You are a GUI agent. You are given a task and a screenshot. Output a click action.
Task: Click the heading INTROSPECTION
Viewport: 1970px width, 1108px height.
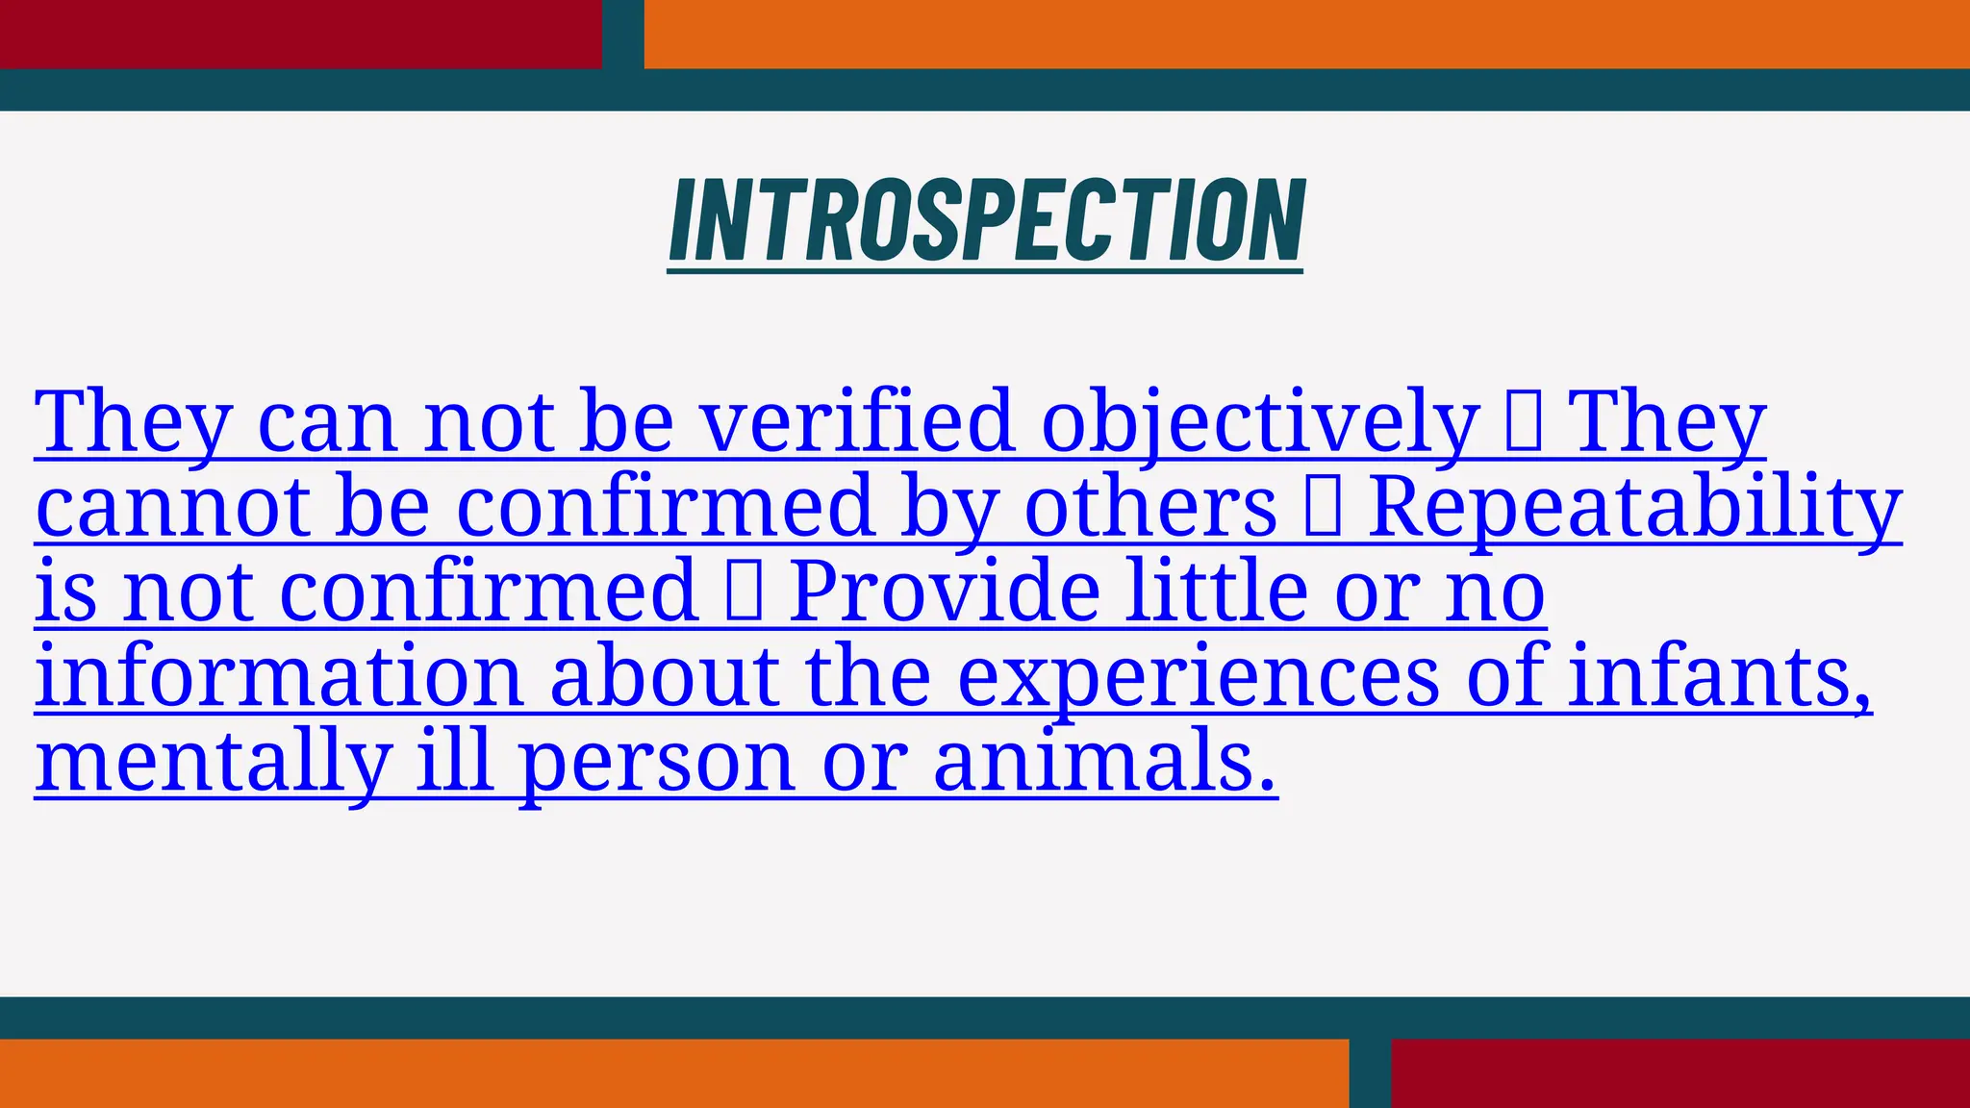pyautogui.click(x=986, y=220)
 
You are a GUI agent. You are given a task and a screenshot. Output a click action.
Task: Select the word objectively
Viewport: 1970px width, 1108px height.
pyautogui.click(x=1259, y=423)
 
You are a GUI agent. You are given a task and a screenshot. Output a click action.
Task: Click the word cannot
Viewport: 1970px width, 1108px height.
pyautogui.click(x=172, y=507)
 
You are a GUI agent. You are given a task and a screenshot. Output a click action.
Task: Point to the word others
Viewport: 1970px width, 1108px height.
pyautogui.click(x=1150, y=507)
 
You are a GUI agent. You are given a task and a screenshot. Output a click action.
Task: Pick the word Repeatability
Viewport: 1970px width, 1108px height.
pyautogui.click(x=1634, y=507)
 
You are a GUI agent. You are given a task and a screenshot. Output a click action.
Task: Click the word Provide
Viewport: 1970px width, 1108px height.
pyautogui.click(x=944, y=592)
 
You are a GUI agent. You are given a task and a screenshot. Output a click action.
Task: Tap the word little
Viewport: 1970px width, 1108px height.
pyautogui.click(x=1217, y=592)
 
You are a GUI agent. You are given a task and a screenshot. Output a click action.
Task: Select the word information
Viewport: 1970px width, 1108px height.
pyautogui.click(x=279, y=676)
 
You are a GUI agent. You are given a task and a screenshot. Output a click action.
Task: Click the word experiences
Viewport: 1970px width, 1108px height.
pyautogui.click(x=1199, y=678)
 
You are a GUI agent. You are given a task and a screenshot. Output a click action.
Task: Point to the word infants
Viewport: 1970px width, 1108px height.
pyautogui.click(x=1720, y=676)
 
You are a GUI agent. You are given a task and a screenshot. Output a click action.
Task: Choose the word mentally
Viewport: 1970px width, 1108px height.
pyautogui.click(x=213, y=763)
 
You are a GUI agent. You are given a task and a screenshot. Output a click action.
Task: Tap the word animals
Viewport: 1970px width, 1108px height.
pyautogui.click(x=1104, y=761)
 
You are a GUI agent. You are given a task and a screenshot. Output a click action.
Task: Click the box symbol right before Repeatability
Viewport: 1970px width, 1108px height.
pyautogui.click(x=1323, y=507)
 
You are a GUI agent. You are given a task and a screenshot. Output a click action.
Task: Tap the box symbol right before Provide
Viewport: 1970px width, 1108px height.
pyautogui.click(x=745, y=592)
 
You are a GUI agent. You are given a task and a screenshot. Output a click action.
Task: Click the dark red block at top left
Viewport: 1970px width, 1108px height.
pyautogui.click(x=300, y=34)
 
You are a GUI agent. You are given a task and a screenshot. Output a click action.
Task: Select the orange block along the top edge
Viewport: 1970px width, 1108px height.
pyautogui.click(x=1306, y=34)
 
